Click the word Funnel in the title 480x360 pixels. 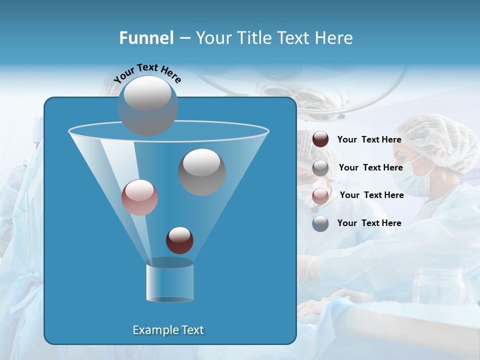pyautogui.click(x=146, y=38)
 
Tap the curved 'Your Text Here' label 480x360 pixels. pyautogui.click(x=147, y=73)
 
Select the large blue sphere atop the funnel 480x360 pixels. pyautogui.click(x=147, y=105)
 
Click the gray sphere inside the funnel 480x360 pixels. pyautogui.click(x=201, y=171)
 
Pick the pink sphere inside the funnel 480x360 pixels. pyautogui.click(x=139, y=197)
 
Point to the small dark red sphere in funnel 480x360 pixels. pyautogui.click(x=179, y=240)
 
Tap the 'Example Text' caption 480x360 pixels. pyautogui.click(x=168, y=330)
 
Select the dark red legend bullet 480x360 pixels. pyautogui.click(x=320, y=139)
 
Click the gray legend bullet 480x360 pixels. pyautogui.click(x=320, y=167)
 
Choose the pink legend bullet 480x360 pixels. pyautogui.click(x=320, y=195)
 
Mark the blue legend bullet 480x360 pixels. pyautogui.click(x=320, y=223)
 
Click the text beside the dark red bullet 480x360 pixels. pyautogui.click(x=369, y=139)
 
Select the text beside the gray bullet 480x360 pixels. pyautogui.click(x=370, y=167)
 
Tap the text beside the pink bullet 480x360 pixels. pyautogui.click(x=371, y=195)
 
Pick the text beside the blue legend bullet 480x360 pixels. pyautogui.click(x=369, y=223)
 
